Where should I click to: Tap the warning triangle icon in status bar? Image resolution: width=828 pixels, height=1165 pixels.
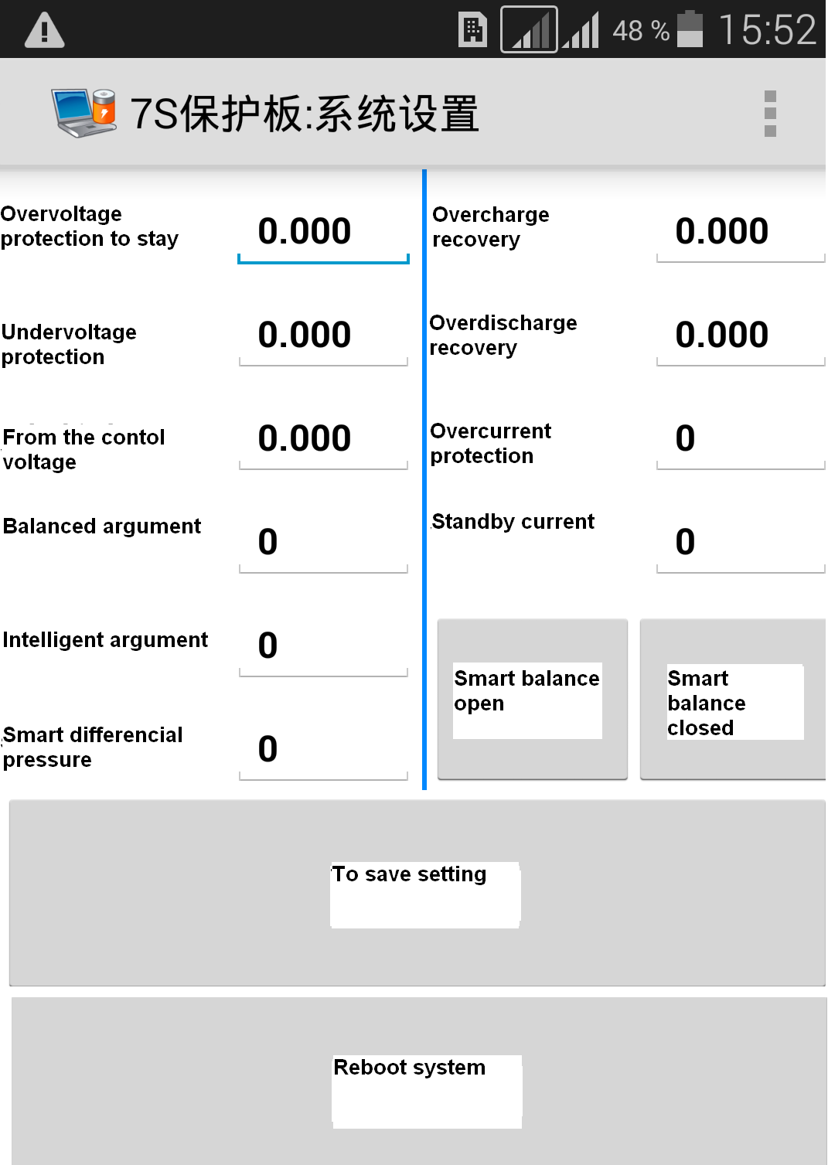coord(44,30)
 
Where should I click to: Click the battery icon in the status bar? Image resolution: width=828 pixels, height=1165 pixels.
coord(690,29)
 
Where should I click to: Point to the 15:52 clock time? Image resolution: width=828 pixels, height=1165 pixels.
coord(767,29)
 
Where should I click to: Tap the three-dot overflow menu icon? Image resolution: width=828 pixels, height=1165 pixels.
coord(770,114)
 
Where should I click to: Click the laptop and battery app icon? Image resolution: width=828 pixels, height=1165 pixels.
coord(83,113)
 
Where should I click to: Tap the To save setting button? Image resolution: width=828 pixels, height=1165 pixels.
coord(417,893)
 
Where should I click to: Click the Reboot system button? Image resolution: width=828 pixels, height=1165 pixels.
coord(419,1081)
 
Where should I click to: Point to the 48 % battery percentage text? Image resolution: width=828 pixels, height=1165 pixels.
coord(640,31)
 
